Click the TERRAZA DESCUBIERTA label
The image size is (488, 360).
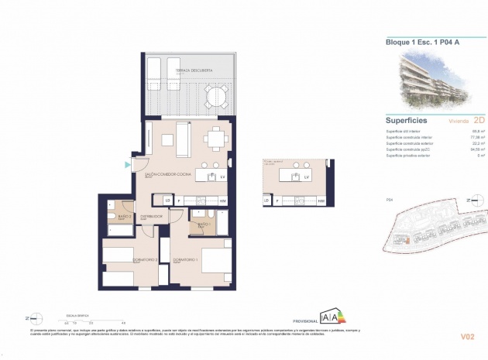tap(192, 70)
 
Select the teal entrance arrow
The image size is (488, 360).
tap(128, 164)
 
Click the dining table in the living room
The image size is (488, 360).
tap(215, 141)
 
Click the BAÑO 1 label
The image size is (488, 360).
tap(204, 225)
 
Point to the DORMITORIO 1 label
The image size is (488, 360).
tap(187, 259)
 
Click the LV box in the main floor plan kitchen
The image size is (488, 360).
tap(222, 177)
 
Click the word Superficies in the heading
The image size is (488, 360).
tap(409, 120)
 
